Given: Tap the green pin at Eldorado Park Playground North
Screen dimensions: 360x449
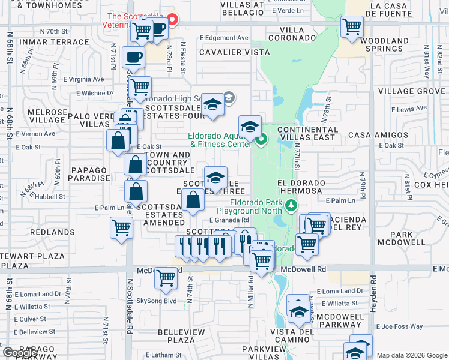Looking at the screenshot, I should click(291, 206).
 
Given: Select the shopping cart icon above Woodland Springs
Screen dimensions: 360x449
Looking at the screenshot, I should click(351, 26).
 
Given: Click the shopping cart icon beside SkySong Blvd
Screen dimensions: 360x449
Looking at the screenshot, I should click(166, 278).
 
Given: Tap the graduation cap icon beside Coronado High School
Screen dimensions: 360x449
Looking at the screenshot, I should click(212, 105).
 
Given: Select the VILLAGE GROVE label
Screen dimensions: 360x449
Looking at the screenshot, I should click(412, 91).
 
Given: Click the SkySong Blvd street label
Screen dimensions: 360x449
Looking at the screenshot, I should click(157, 301).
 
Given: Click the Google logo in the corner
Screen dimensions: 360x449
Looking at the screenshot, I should click(20, 353).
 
